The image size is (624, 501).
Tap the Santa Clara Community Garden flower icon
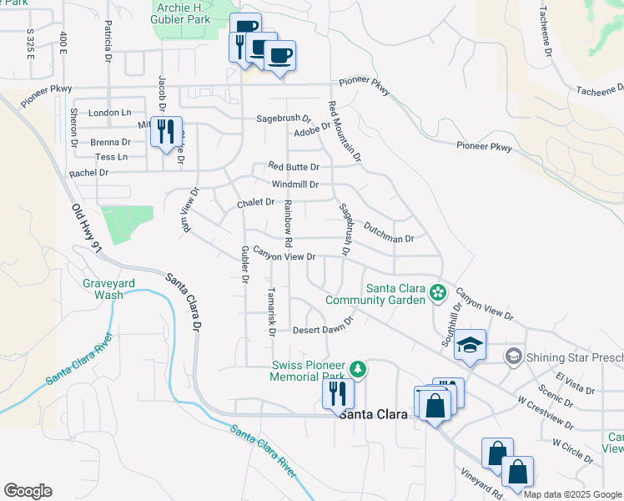pos(436,292)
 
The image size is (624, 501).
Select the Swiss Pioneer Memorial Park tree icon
pos(358,368)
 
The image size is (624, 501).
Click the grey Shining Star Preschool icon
pos(513,357)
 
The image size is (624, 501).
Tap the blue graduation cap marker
pos(470,345)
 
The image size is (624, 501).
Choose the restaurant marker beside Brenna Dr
pos(166,130)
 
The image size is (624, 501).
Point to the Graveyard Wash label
pos(108,289)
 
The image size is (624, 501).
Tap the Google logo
pos(28,491)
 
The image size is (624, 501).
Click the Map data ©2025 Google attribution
pos(572,494)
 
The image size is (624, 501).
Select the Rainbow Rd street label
pos(288,222)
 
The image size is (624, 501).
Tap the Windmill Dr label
pos(294,184)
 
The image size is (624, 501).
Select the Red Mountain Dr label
pos(345,131)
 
